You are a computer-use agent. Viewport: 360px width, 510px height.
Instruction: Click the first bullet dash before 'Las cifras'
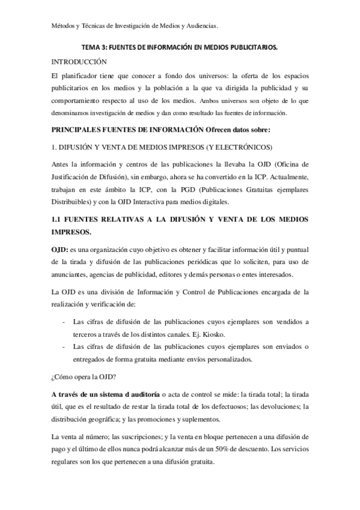(x=64, y=322)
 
